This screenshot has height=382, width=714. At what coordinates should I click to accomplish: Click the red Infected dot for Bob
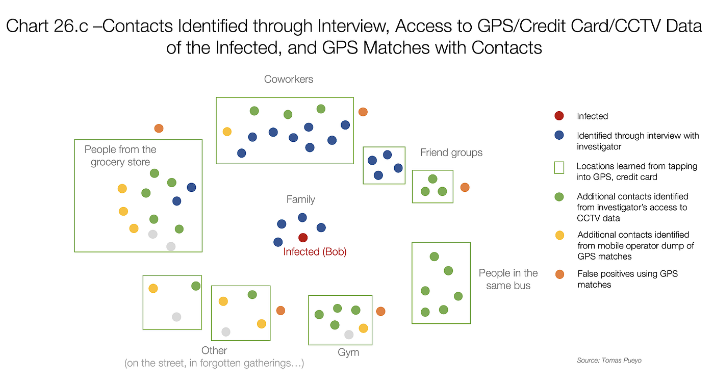tap(303, 238)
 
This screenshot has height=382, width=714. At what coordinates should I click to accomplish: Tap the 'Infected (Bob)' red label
tap(315, 251)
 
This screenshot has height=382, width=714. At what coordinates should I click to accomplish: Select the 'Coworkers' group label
tap(289, 79)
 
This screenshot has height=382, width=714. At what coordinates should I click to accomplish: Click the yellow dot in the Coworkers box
tap(227, 132)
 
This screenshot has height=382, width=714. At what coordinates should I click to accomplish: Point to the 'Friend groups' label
tap(451, 152)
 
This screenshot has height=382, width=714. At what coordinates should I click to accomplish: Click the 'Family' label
tap(300, 199)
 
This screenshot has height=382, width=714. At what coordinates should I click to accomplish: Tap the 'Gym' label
tap(348, 352)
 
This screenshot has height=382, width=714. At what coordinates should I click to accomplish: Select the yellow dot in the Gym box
tap(363, 328)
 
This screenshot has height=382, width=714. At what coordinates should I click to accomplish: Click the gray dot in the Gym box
tap(349, 335)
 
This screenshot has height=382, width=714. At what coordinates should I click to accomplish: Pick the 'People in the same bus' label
tap(508, 279)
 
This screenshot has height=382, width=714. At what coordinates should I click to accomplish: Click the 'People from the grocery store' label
tap(120, 156)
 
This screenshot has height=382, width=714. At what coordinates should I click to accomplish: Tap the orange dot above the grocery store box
tap(159, 128)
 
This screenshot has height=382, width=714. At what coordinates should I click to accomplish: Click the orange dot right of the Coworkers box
tap(363, 112)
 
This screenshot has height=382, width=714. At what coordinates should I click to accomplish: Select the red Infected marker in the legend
tap(559, 116)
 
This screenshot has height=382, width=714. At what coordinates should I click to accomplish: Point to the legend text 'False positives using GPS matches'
tap(627, 279)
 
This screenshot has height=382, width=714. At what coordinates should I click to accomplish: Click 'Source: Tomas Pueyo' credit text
tap(609, 360)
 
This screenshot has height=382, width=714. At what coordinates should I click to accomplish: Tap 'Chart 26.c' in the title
tap(47, 26)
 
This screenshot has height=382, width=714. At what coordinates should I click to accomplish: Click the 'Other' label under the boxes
tap(214, 350)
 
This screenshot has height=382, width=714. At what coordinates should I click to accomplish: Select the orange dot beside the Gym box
tap(380, 311)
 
